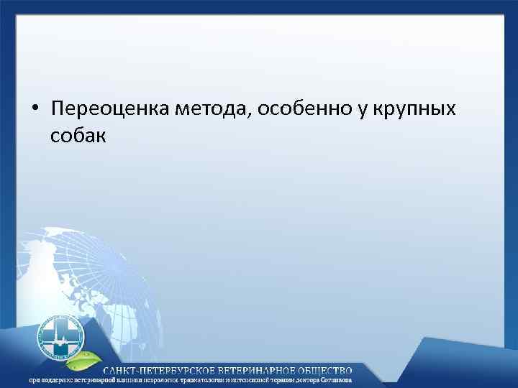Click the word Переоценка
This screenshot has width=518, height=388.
pos(100,109)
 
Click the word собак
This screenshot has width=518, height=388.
pos(78,135)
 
